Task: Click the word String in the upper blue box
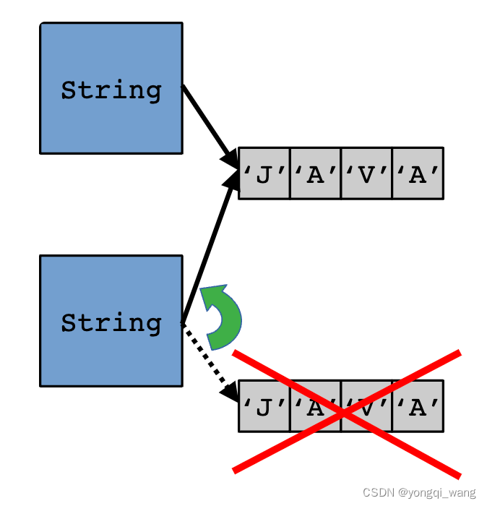pyautogui.click(x=111, y=90)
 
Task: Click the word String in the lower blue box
pyautogui.click(x=111, y=322)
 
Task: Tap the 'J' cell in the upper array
pyautogui.click(x=264, y=173)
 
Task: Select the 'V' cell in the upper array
pyautogui.click(x=366, y=173)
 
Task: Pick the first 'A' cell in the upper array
pyautogui.click(x=315, y=173)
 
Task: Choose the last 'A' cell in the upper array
pyautogui.click(x=418, y=173)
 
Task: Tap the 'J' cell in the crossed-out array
pyautogui.click(x=264, y=406)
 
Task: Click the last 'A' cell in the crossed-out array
pyautogui.click(x=418, y=406)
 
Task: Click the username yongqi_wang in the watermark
pyautogui.click(x=442, y=493)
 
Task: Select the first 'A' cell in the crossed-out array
pyautogui.click(x=315, y=406)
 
